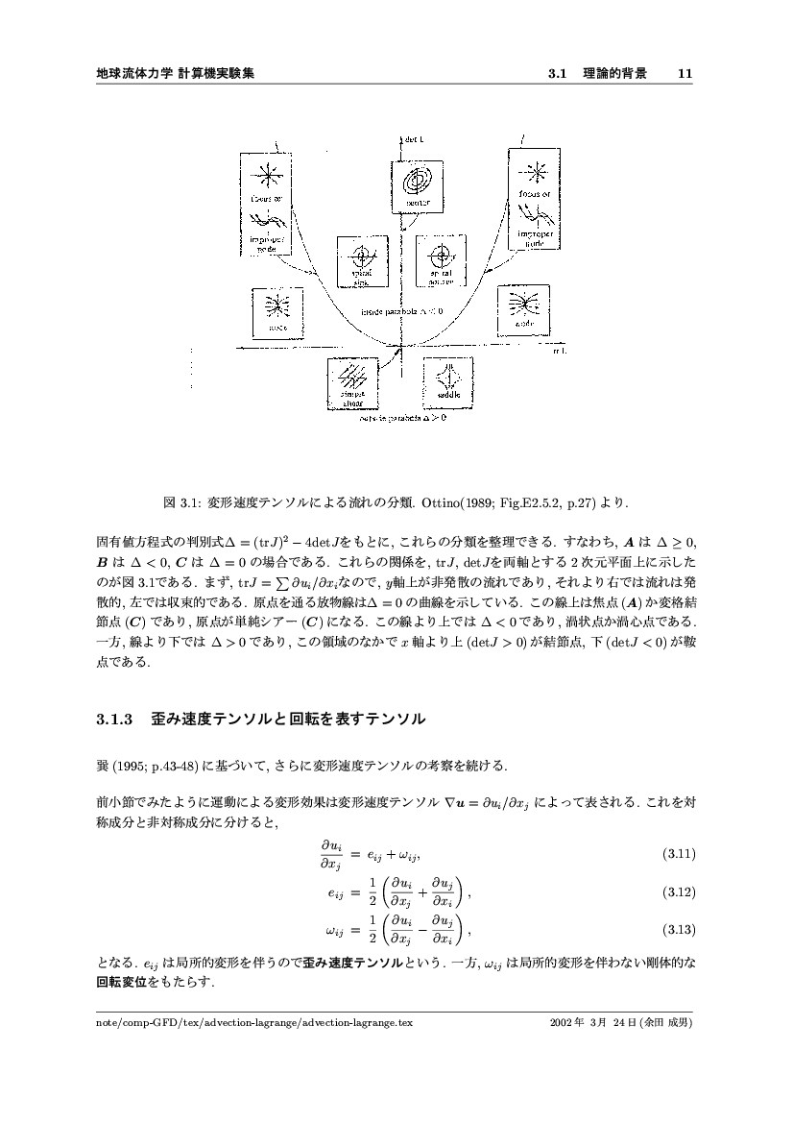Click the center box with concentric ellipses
pos(418,186)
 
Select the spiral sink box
pos(361,260)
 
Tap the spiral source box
pos(441,259)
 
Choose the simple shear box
pos(353,383)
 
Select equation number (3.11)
pos(679,853)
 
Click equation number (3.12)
pos(679,892)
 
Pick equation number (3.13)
pos(679,930)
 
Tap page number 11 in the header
pos(685,73)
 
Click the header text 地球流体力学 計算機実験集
pos(176,73)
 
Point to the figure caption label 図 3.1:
pos(182,501)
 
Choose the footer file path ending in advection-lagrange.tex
pos(254,1023)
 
